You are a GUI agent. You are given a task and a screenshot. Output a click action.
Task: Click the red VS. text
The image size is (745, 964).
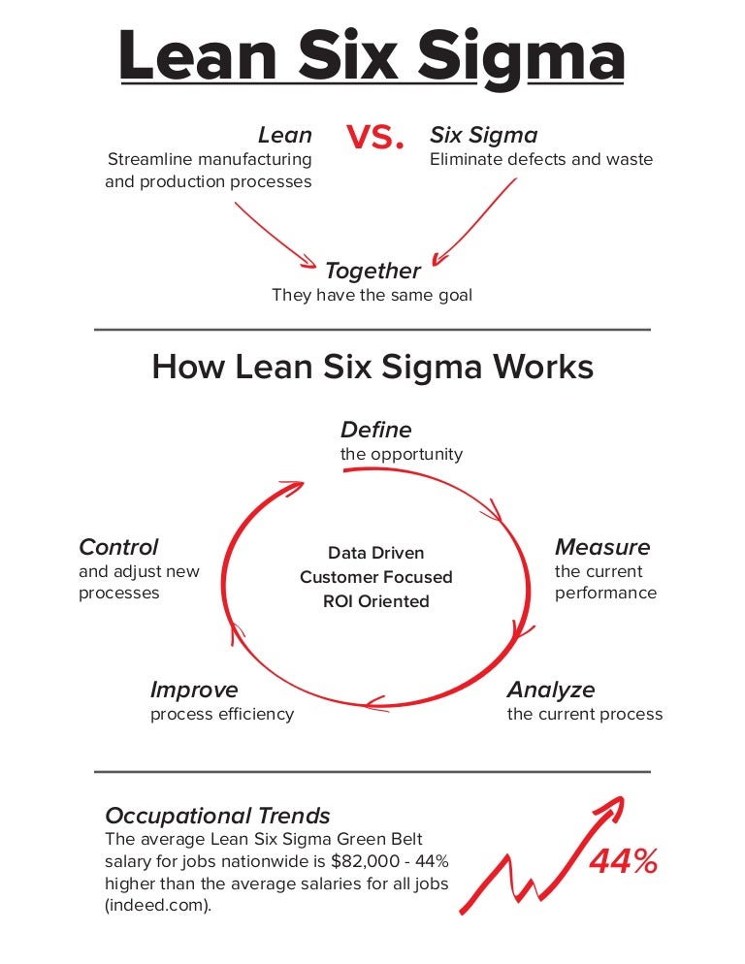click(x=374, y=137)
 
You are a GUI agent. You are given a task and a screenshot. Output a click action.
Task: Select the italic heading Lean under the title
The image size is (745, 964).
click(x=285, y=135)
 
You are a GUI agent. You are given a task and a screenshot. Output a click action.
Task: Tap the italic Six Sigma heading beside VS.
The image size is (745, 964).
click(x=483, y=136)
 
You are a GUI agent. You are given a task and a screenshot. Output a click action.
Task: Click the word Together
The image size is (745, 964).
click(x=372, y=272)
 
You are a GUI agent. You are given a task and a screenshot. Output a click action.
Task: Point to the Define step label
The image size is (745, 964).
click(x=375, y=430)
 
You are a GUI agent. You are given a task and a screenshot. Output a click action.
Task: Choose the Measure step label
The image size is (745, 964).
click(x=602, y=547)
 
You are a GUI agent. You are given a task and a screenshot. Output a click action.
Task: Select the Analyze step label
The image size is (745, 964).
click(x=551, y=690)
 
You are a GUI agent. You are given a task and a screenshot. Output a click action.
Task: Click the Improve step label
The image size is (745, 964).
click(x=194, y=690)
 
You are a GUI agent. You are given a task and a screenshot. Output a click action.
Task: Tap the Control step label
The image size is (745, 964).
click(x=118, y=547)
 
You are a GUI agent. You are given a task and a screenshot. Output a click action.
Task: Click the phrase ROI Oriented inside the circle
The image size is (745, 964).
click(x=375, y=601)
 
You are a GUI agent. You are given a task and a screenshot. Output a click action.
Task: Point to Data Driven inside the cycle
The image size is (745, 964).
click(x=375, y=553)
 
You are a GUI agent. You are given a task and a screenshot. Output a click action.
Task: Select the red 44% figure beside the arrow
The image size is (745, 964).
click(x=623, y=861)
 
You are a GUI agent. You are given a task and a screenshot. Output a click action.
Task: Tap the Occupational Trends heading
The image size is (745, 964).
click(x=217, y=816)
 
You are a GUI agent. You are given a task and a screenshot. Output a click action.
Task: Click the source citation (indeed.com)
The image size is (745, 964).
click(x=158, y=906)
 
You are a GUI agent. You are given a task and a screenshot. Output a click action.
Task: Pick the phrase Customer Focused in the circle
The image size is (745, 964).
click(x=375, y=577)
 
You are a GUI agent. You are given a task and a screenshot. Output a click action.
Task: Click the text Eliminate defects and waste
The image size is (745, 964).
click(x=541, y=159)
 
